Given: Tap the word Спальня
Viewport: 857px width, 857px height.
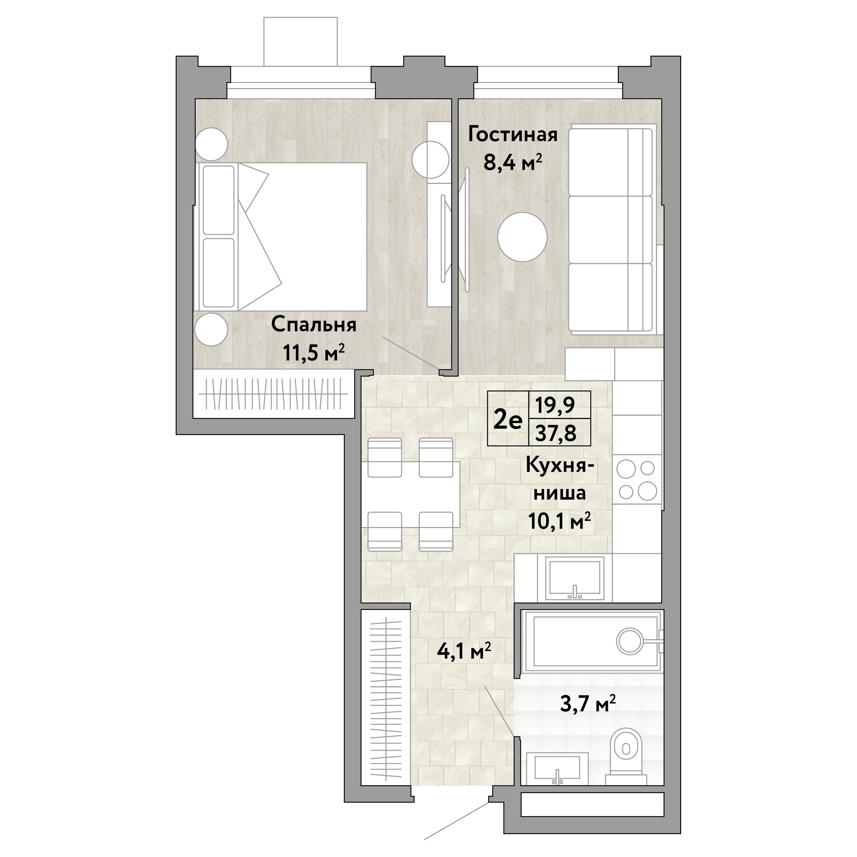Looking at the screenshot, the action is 314,326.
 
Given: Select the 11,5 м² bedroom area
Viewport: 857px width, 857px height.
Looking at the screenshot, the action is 314,353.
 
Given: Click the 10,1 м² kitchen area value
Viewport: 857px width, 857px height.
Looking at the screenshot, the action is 559,521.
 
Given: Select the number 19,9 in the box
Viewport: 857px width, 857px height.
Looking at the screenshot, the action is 555,405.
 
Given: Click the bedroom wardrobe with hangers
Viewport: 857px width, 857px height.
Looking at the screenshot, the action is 273,394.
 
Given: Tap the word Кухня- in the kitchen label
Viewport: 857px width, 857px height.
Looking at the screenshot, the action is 560,466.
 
